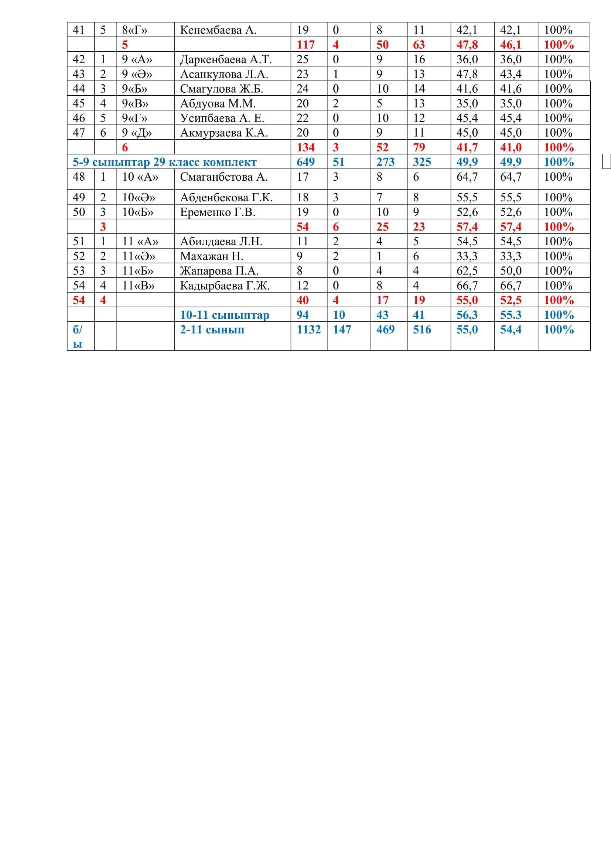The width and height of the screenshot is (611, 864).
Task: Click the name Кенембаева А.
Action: [x=218, y=30]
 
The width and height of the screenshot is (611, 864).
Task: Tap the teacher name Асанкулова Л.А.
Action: [x=224, y=74]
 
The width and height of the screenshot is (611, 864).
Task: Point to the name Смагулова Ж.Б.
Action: [x=221, y=89]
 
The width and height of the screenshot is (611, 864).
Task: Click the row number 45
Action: [x=79, y=103]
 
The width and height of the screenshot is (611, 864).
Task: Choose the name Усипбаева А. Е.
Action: [x=222, y=118]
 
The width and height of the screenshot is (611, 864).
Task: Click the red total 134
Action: [x=305, y=147]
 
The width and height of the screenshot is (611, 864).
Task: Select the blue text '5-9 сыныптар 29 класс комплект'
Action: [x=164, y=162]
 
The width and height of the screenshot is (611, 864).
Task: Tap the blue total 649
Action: [x=305, y=162]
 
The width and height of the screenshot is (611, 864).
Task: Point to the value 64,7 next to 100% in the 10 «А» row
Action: [x=511, y=177]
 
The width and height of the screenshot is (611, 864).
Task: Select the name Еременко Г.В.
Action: [x=218, y=212]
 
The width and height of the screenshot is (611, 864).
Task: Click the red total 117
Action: [x=305, y=45]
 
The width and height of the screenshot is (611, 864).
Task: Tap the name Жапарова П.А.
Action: [x=219, y=271]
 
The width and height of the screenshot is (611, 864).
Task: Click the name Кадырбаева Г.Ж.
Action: [x=225, y=286]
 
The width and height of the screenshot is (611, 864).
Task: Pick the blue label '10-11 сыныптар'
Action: [x=225, y=315]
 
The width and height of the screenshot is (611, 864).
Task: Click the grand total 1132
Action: [x=308, y=329]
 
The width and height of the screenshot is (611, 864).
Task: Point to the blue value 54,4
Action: [x=511, y=329]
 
